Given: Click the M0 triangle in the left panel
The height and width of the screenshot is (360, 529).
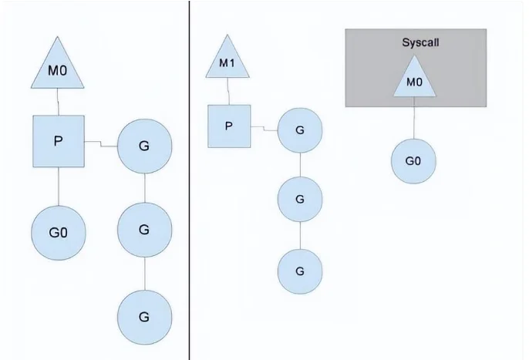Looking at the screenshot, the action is (x=58, y=68).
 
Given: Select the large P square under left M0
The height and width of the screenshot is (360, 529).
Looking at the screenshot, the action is (x=59, y=141).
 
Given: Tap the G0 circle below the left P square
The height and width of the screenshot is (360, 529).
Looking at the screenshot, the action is (x=59, y=233).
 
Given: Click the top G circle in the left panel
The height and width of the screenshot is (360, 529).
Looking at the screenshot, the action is (x=144, y=146).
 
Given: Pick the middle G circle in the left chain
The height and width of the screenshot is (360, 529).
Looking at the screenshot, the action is (x=144, y=230).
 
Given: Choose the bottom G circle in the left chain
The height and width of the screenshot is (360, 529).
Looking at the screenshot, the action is (x=144, y=317).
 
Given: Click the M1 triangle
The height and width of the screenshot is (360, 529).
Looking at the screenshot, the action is (x=227, y=60).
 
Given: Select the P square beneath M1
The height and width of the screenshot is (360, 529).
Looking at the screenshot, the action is (x=229, y=126).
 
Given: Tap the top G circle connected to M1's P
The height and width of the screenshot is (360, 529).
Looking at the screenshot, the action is (x=300, y=130).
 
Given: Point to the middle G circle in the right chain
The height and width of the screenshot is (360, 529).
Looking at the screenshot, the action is (x=300, y=199).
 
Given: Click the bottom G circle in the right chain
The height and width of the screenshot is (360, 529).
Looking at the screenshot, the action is (x=300, y=271).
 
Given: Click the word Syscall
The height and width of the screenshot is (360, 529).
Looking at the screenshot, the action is (x=420, y=42).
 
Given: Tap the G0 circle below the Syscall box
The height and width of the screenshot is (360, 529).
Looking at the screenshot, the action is (x=413, y=161).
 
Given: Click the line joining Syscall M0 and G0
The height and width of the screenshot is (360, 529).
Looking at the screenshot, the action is (x=414, y=118).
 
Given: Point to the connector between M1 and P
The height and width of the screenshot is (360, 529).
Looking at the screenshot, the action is (x=229, y=91).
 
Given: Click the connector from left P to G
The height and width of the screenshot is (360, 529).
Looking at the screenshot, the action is (x=101, y=143).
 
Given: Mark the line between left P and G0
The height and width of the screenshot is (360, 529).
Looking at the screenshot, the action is (x=59, y=187).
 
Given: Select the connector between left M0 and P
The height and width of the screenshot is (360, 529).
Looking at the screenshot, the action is (x=58, y=102).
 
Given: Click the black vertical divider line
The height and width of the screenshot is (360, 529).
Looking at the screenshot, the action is (x=189, y=180).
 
